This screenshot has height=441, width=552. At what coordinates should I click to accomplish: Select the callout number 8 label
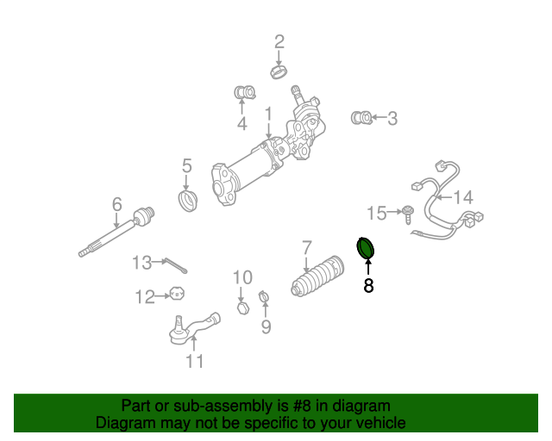368,286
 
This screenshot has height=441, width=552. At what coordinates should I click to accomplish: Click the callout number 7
306,248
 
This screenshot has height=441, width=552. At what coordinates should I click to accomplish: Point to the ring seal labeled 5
187,202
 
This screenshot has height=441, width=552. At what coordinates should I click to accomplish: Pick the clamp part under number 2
279,71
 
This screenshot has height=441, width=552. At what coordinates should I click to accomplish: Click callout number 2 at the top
279,41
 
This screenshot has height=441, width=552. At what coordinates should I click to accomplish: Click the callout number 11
195,361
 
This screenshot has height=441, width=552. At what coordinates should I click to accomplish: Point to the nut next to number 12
177,295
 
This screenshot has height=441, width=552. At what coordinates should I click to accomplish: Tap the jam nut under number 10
243,306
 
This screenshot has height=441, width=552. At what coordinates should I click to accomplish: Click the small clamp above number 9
265,301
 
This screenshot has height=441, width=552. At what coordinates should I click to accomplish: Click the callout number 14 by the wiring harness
463,197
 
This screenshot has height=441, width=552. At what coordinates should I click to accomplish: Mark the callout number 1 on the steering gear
268,114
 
